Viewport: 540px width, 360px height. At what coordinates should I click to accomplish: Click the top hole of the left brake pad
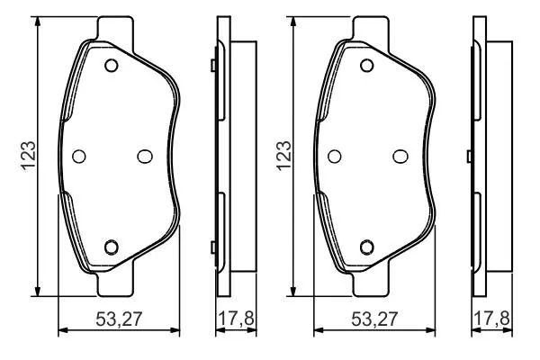click(x=112, y=66)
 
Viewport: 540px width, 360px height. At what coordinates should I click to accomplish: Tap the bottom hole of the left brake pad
click(x=112, y=247)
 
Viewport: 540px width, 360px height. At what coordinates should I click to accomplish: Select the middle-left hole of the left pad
click(x=79, y=157)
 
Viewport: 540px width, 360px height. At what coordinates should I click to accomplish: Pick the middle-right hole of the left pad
click(x=145, y=157)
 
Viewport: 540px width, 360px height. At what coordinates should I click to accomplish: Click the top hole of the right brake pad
click(x=367, y=66)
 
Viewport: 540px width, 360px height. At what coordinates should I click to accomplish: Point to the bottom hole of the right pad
click(x=367, y=247)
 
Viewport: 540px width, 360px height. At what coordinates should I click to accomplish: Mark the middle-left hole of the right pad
click(x=335, y=157)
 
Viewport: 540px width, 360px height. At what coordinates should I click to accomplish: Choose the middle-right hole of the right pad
click(x=400, y=157)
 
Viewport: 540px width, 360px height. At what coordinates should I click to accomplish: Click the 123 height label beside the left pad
click(x=29, y=156)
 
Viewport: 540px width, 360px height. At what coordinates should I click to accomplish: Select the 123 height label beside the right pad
click(x=284, y=156)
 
